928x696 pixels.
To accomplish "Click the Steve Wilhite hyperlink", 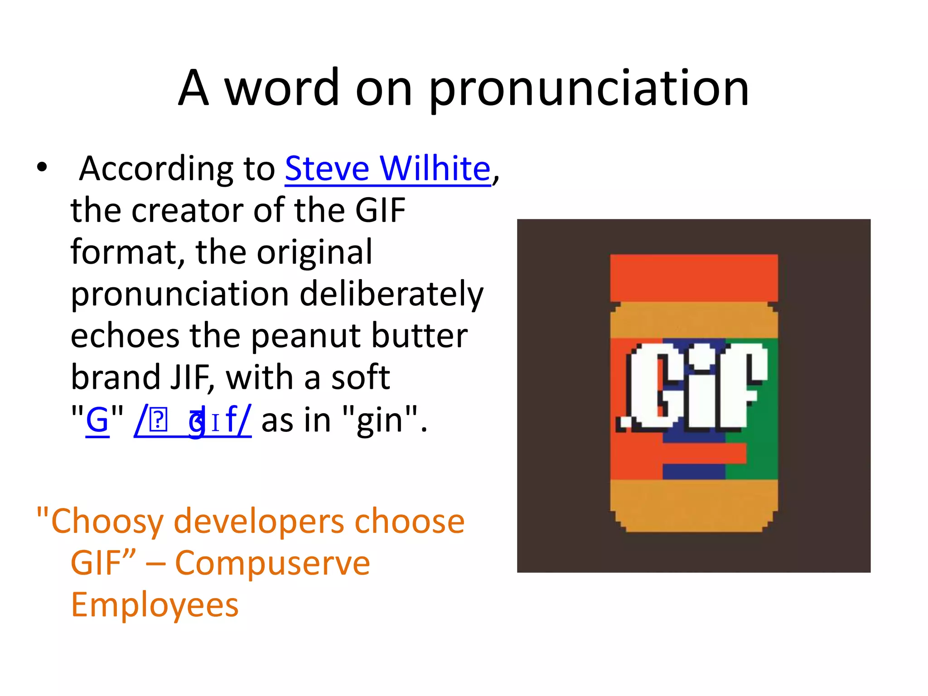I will coord(387,169).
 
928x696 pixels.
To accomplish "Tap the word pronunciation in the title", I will coord(589,88).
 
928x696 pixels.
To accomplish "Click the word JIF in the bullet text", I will coord(189,377).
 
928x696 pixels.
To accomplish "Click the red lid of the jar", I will coord(693,277).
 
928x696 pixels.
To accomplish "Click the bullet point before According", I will coord(42,168).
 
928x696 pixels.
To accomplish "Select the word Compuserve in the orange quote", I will coord(272,563).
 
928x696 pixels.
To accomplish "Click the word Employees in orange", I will coord(155,605).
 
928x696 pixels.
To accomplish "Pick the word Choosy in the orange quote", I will coord(107,522).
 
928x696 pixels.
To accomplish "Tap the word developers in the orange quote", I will coord(259,522).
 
